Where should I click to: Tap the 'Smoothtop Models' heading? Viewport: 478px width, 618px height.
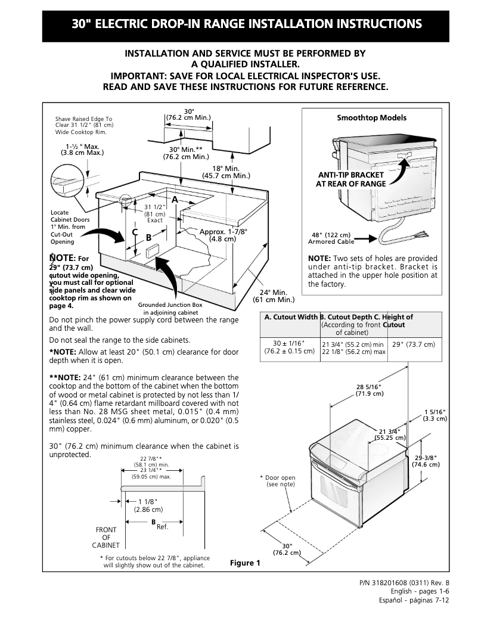(x=371, y=118)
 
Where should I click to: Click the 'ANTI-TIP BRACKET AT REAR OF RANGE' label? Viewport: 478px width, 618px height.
(x=350, y=179)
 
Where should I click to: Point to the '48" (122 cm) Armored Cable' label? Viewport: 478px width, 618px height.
(x=331, y=238)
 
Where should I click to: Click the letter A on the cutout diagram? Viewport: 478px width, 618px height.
(x=175, y=198)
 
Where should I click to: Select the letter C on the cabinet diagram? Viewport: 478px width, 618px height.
(x=135, y=232)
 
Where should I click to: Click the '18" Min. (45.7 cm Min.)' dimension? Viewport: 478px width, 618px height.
(x=226, y=172)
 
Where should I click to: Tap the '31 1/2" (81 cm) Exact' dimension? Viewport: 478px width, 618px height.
(x=155, y=213)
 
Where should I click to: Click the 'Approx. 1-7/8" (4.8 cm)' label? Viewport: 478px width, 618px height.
(x=223, y=235)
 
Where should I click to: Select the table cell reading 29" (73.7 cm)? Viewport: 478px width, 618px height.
(x=414, y=344)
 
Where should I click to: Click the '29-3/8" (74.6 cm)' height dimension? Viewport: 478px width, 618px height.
(x=427, y=461)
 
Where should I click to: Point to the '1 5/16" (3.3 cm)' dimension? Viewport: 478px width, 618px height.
(x=434, y=415)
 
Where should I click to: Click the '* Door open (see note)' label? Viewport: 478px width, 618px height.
(x=278, y=481)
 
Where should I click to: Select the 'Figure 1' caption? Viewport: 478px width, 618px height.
(x=245, y=563)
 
